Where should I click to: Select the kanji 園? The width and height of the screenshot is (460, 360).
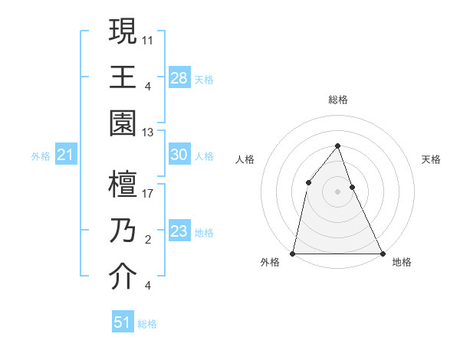pyautogui.click(x=123, y=123)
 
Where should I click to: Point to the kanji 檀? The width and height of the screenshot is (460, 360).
pyautogui.click(x=123, y=185)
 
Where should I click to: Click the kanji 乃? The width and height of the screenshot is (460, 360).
pyautogui.click(x=123, y=231)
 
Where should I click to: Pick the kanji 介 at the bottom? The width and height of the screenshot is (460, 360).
pyautogui.click(x=123, y=277)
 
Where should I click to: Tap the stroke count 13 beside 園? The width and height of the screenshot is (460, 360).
pyautogui.click(x=149, y=133)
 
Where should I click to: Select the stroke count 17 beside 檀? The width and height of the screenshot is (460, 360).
pyautogui.click(x=149, y=193)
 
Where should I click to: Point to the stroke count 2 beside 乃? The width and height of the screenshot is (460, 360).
pyautogui.click(x=147, y=240)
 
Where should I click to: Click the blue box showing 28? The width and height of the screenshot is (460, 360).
pyautogui.click(x=179, y=77)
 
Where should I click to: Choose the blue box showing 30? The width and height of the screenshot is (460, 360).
pyautogui.click(x=179, y=155)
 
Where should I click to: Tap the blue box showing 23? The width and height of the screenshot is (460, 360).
pyautogui.click(x=179, y=231)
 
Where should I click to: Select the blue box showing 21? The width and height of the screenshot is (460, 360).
pyautogui.click(x=65, y=155)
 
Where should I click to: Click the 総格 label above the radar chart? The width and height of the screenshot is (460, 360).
pyautogui.click(x=338, y=100)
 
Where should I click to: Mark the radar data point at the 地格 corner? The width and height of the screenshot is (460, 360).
pyautogui.click(x=382, y=254)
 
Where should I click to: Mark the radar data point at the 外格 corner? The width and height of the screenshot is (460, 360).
pyautogui.click(x=293, y=254)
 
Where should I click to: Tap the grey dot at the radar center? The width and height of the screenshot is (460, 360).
pyautogui.click(x=337, y=191)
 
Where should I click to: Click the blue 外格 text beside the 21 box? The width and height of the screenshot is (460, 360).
pyautogui.click(x=41, y=156)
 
